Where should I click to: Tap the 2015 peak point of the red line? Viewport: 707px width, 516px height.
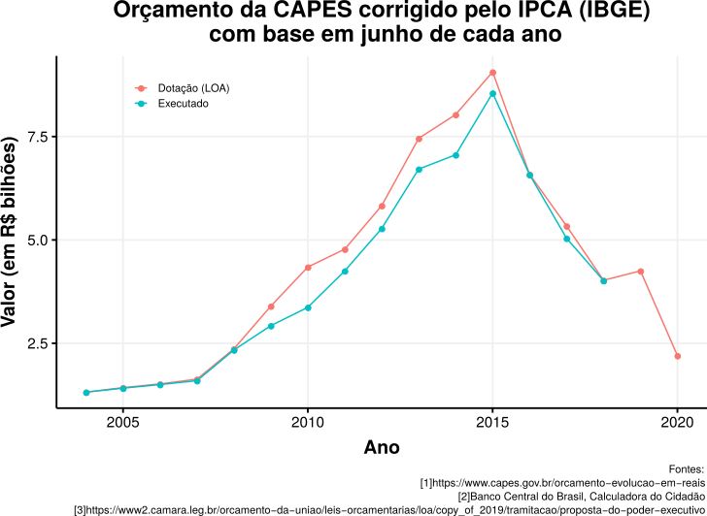[493, 73]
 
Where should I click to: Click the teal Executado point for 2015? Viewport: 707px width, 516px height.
[493, 93]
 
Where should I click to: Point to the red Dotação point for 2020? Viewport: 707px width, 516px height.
[678, 356]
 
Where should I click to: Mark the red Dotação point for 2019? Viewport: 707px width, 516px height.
[641, 271]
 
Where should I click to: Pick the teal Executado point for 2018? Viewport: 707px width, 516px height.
[604, 281]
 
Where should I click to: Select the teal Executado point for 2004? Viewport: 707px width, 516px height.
[86, 392]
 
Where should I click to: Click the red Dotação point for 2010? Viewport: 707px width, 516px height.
[308, 267]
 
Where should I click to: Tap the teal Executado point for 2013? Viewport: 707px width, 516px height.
[419, 170]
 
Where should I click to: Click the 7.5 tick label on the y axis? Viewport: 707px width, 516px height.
[37, 137]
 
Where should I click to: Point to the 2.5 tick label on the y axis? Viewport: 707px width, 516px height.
[37, 343]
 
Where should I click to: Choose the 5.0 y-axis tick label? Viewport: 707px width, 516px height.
[37, 240]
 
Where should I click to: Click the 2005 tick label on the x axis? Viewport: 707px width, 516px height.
[123, 423]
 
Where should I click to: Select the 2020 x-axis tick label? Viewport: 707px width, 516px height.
[678, 423]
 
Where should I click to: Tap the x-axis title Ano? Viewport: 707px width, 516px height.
[381, 447]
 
